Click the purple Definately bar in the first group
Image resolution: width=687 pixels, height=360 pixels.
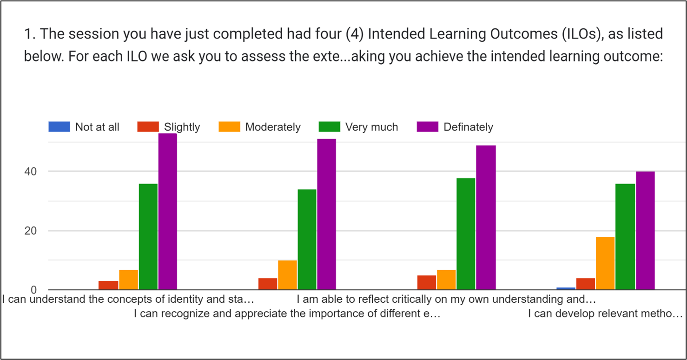pyautogui.click(x=168, y=212)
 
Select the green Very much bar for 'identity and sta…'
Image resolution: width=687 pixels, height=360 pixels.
pyautogui.click(x=148, y=237)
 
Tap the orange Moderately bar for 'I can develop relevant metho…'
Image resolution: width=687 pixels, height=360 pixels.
pyautogui.click(x=605, y=263)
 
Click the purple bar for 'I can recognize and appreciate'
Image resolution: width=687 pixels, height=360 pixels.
pyautogui.click(x=326, y=214)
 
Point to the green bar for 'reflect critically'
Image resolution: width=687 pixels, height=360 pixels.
pyautogui.click(x=466, y=234)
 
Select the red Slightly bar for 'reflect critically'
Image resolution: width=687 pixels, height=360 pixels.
pyautogui.click(x=427, y=282)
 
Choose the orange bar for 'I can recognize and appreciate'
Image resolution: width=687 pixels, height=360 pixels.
pyautogui.click(x=288, y=275)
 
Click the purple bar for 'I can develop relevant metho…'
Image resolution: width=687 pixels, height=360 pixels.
pyautogui.click(x=645, y=231)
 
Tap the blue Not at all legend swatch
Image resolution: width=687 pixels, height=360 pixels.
pyautogui.click(x=59, y=127)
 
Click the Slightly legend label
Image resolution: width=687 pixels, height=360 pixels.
pyautogui.click(x=182, y=127)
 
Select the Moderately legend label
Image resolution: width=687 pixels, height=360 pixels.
pyautogui.click(x=273, y=127)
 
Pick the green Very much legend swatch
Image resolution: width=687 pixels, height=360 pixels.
pyautogui.click(x=329, y=127)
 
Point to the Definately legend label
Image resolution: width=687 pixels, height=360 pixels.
pyautogui.click(x=468, y=127)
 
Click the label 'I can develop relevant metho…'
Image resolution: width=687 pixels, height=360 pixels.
pyautogui.click(x=605, y=313)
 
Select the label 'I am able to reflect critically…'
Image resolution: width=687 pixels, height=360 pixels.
pyautogui.click(x=446, y=299)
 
